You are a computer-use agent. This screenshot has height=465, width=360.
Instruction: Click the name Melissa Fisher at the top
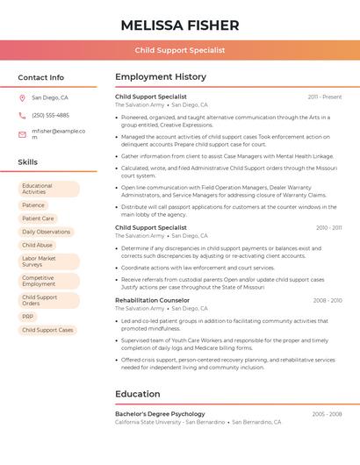180,24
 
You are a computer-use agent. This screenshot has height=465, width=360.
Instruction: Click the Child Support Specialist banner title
180,51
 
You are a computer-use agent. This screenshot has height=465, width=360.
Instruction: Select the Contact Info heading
41,77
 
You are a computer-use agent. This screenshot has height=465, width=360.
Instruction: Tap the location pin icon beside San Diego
22,98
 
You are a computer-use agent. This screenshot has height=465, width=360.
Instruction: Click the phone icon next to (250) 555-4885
22,115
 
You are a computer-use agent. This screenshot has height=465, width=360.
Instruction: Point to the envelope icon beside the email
22,134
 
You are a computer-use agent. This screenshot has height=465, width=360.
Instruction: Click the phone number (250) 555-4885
50,115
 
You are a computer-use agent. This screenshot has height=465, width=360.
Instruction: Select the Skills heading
28,162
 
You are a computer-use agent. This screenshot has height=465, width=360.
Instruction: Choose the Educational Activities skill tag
48,189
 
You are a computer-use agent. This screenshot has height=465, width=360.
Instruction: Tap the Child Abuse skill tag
37,246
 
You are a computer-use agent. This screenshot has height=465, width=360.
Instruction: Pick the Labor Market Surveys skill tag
48,261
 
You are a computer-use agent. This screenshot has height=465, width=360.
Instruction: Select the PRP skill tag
28,317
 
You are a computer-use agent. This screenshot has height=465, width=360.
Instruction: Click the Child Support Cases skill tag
47,330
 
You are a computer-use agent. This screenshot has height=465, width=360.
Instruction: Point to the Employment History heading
161,77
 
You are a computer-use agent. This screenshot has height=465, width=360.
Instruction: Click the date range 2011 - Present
324,97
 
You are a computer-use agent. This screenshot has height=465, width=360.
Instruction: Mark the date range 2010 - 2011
328,228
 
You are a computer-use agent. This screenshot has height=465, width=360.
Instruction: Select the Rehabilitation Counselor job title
152,301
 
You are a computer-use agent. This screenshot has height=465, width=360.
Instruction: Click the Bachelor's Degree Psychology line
160,414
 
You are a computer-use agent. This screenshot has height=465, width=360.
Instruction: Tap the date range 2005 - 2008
327,414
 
